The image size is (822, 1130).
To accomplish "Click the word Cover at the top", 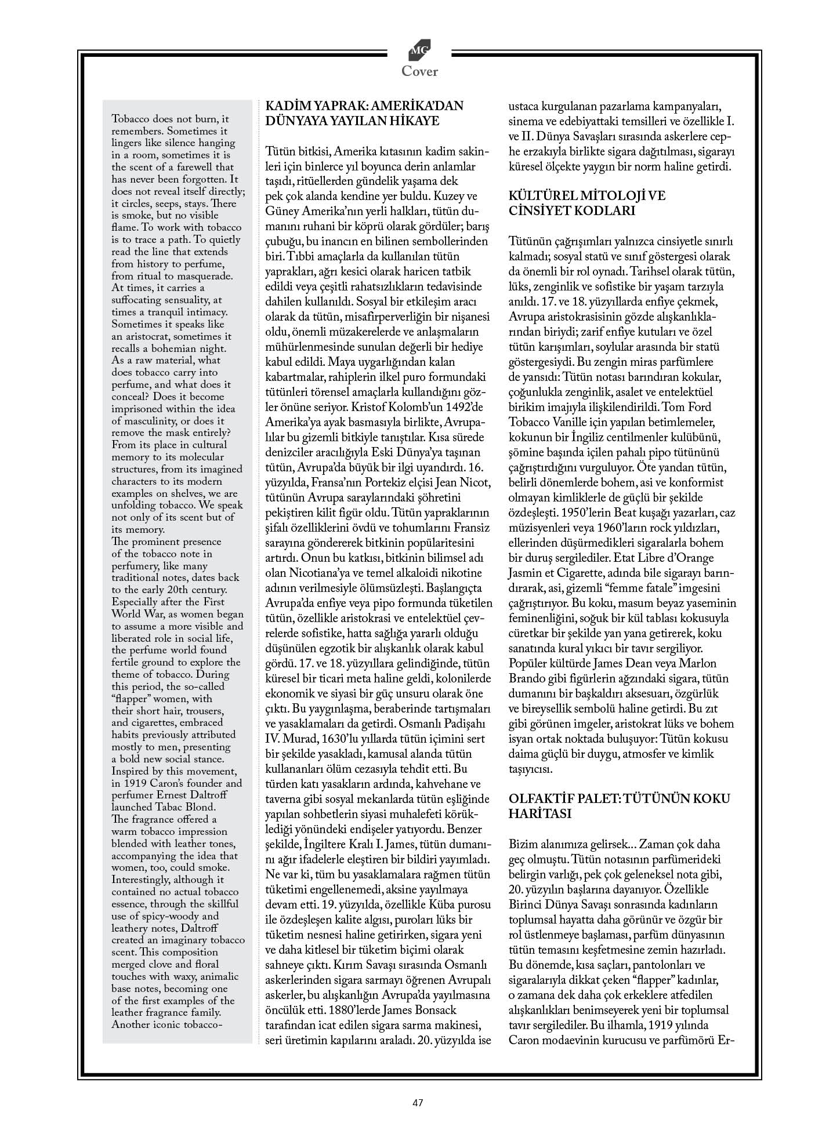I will (x=419, y=71).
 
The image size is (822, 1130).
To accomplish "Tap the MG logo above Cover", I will (x=419, y=52).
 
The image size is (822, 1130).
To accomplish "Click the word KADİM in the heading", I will (x=285, y=106).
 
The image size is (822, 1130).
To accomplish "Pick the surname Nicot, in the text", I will (x=475, y=482).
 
